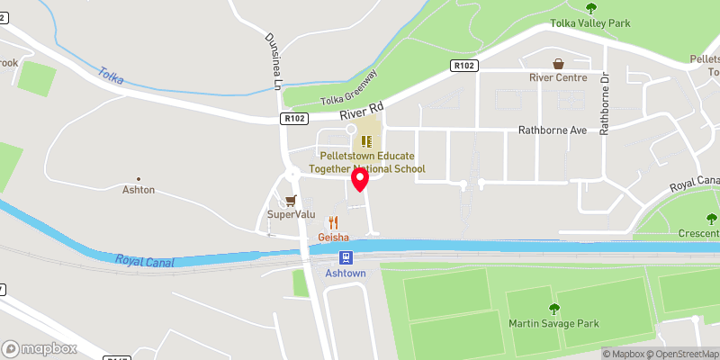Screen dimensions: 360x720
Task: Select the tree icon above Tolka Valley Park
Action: click(x=591, y=7)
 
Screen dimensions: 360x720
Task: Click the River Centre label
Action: click(x=558, y=78)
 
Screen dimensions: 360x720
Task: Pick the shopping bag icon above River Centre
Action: click(x=558, y=64)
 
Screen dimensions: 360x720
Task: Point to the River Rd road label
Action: click(x=362, y=112)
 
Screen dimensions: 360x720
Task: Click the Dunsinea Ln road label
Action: click(x=273, y=61)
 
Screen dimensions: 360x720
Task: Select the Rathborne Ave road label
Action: click(x=553, y=130)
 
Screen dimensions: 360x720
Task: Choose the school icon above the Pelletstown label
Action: click(x=366, y=141)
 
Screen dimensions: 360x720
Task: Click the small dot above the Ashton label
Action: click(x=139, y=179)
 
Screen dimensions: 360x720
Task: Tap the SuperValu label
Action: click(x=290, y=215)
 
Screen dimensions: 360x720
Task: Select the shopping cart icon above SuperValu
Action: click(x=290, y=201)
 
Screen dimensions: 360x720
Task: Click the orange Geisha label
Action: click(x=333, y=238)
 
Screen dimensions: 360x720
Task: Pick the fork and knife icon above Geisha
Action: click(x=333, y=222)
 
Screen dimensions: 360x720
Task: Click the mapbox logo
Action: click(x=39, y=348)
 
